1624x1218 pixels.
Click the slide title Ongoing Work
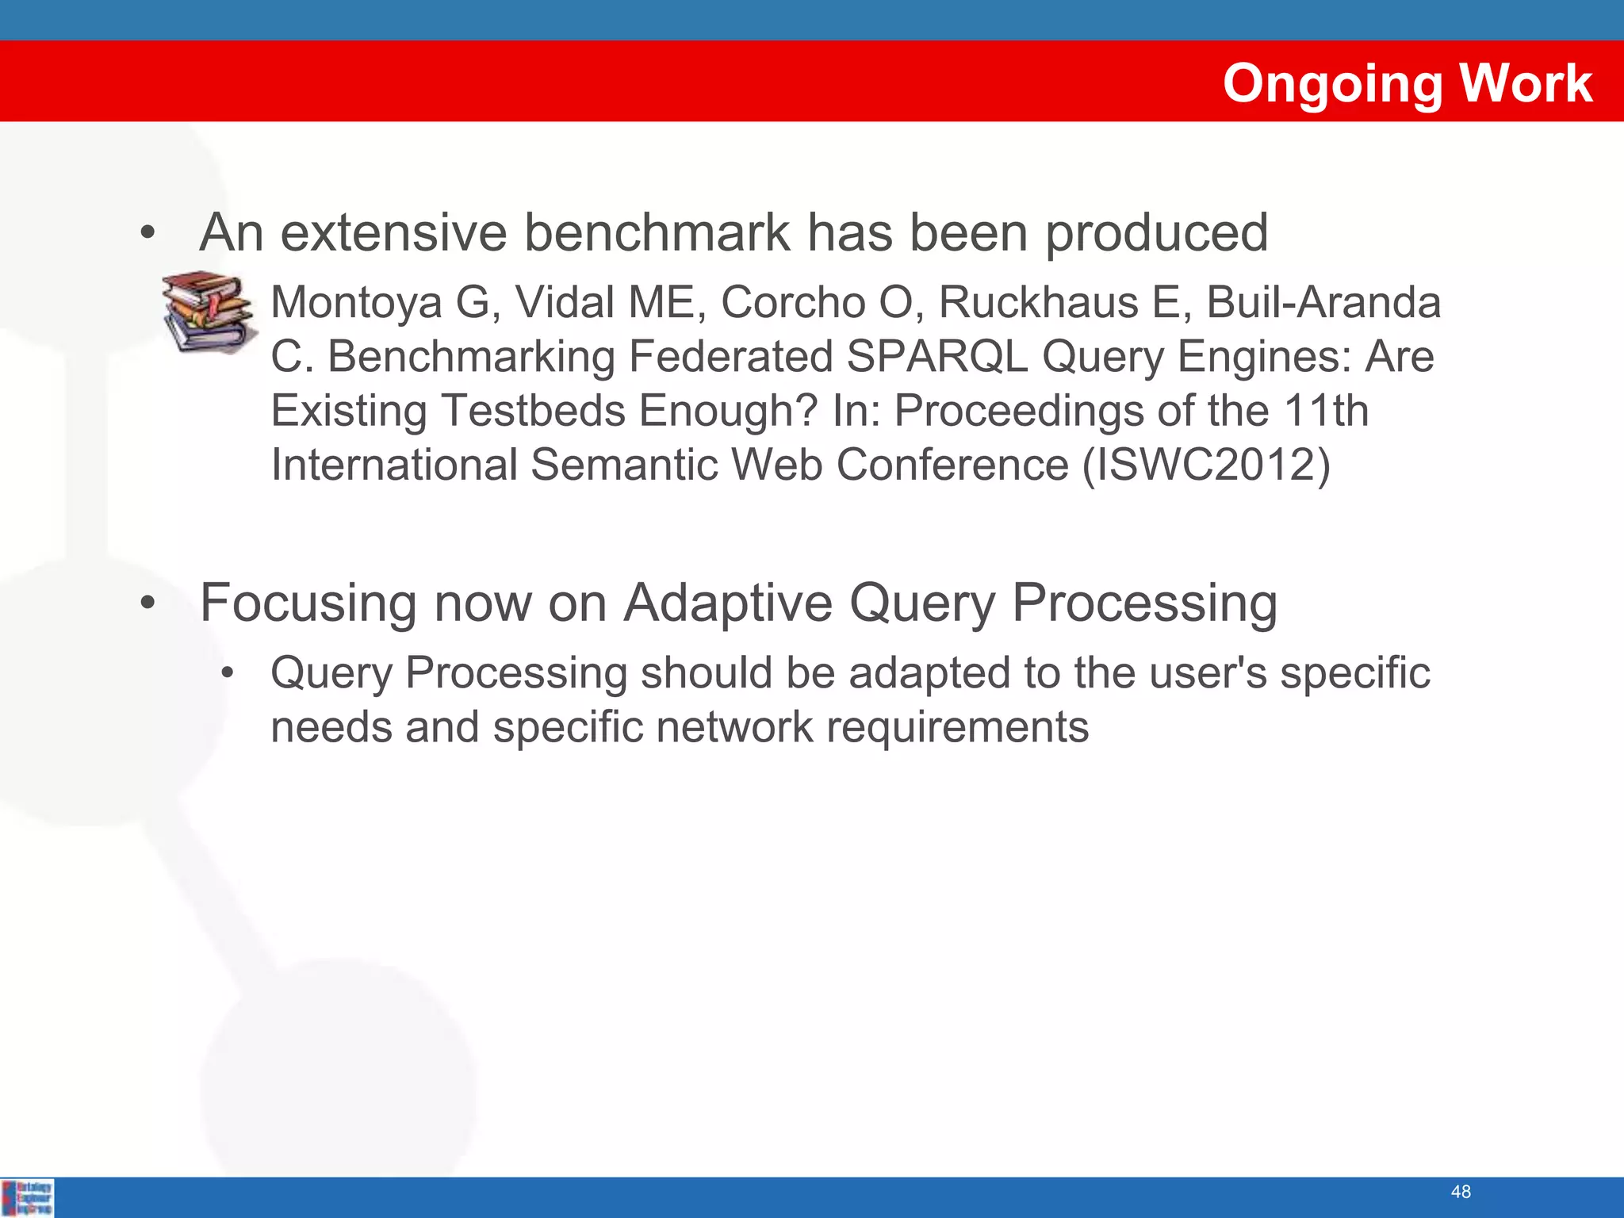pos(1407,83)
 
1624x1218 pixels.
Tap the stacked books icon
pos(209,312)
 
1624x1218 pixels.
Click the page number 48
pos(1461,1191)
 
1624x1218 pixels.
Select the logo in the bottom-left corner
pos(28,1197)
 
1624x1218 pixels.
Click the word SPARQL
pos(936,356)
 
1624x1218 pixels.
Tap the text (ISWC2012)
pos(1206,464)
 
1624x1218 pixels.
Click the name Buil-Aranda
pos(1323,302)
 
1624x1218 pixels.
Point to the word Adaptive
pos(728,603)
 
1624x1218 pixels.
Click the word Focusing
pos(308,604)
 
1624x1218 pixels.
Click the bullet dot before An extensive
pos(147,234)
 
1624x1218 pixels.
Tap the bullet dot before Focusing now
pos(147,603)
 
